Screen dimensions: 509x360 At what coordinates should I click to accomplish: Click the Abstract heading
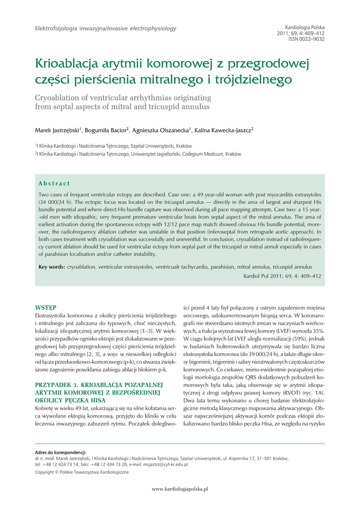(x=54, y=183)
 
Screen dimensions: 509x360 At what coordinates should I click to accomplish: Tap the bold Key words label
(x=52, y=267)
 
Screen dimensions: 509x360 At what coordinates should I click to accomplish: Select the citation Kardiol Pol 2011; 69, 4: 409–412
(x=282, y=275)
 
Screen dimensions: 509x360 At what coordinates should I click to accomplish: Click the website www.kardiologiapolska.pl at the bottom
(x=180, y=489)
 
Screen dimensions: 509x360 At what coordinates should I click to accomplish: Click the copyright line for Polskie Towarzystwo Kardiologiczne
(x=82, y=472)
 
